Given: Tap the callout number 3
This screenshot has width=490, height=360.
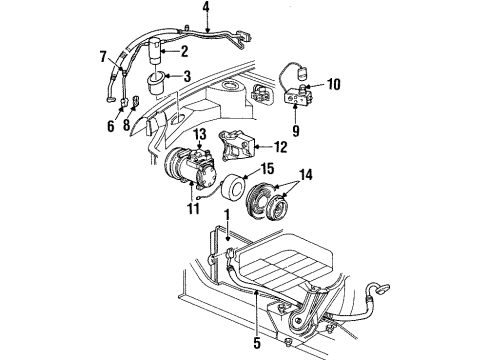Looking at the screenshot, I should coord(185,76).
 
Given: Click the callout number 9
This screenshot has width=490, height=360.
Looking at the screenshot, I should coord(295,130).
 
